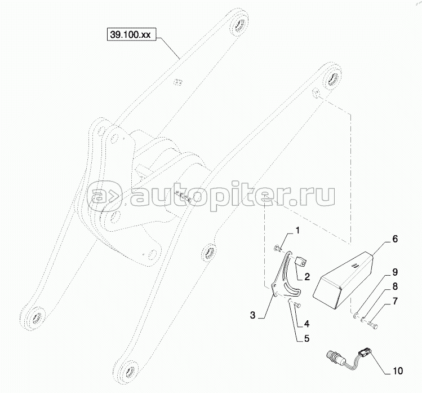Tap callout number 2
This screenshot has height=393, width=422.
coord(307,276)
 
